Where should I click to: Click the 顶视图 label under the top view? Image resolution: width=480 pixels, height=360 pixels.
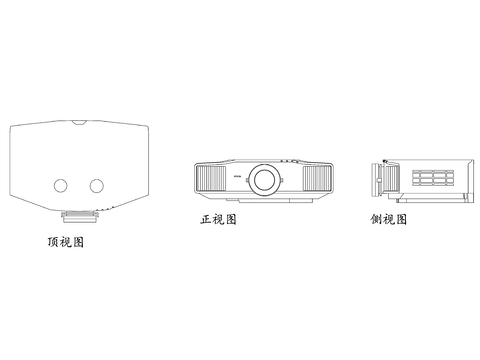click(65, 241)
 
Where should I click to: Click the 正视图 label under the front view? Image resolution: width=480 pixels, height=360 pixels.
click(218, 220)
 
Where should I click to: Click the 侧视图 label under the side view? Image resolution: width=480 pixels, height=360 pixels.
click(388, 220)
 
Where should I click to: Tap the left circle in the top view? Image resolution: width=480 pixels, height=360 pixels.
click(59, 185)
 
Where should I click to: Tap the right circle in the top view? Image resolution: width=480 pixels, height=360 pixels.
click(96, 185)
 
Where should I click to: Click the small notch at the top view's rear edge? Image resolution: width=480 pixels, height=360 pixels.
click(79, 124)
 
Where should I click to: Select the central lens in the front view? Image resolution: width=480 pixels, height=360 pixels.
click(265, 180)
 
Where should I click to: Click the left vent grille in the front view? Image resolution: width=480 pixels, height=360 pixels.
click(211, 181)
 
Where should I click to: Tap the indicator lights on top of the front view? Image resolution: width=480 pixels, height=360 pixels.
click(290, 158)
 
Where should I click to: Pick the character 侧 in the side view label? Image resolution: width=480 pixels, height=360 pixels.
click(376, 220)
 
